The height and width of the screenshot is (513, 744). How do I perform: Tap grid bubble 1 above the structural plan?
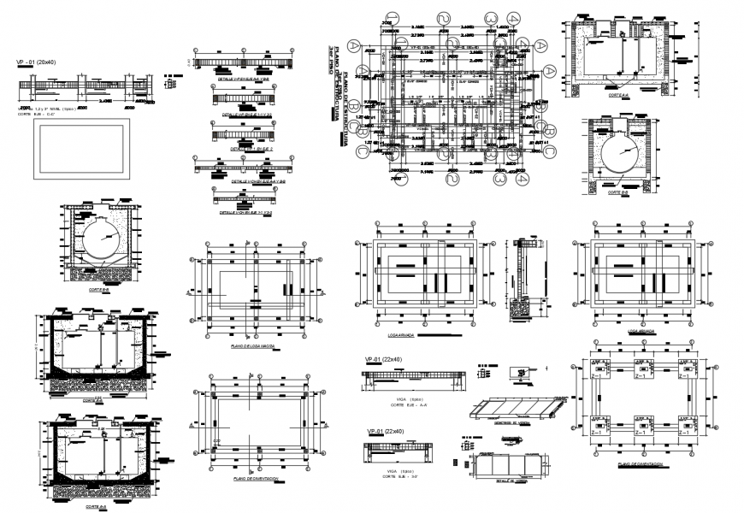(392, 18)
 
